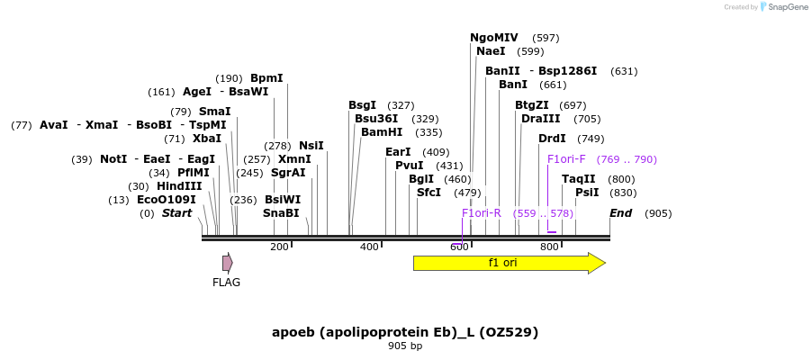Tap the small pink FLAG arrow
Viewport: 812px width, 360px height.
pyautogui.click(x=228, y=263)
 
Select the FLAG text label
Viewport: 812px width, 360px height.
pyautogui.click(x=226, y=283)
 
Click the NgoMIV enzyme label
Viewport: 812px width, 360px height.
pyautogui.click(x=494, y=38)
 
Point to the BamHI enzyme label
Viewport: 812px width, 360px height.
pyautogui.click(x=382, y=132)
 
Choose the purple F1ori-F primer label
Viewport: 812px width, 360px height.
pyautogui.click(x=566, y=159)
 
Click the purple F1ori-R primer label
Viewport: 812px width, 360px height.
pyautogui.click(x=482, y=213)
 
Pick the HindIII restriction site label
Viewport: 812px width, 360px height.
pyautogui.click(x=179, y=186)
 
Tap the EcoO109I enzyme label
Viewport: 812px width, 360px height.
pyautogui.click(x=166, y=200)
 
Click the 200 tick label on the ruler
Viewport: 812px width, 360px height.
pyautogui.click(x=279, y=247)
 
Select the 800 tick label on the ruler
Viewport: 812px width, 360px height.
pyautogui.click(x=549, y=247)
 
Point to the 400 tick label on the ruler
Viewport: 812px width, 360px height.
pyautogui.click(x=369, y=247)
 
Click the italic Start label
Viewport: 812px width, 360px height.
pyautogui.click(x=176, y=213)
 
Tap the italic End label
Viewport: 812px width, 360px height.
pyautogui.click(x=620, y=213)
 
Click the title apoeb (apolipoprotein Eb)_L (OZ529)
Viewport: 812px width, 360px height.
pyautogui.click(x=405, y=332)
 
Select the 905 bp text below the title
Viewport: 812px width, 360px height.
pyautogui.click(x=405, y=346)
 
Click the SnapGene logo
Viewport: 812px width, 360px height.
pyautogui.click(x=783, y=7)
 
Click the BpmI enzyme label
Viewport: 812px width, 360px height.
pyautogui.click(x=266, y=78)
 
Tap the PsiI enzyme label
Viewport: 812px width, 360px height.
pyautogui.click(x=587, y=193)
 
